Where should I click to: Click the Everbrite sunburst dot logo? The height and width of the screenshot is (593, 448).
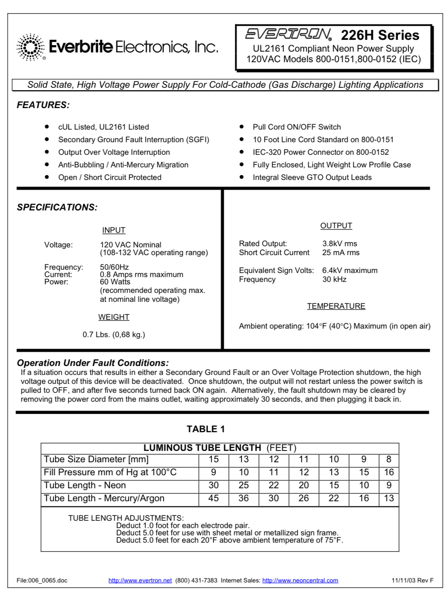pos(30,47)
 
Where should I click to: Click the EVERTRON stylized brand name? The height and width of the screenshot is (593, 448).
pos(288,34)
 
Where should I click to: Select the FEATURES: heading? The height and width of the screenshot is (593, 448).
pos(43,105)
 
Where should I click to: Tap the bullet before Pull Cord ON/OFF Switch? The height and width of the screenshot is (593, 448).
pos(242,127)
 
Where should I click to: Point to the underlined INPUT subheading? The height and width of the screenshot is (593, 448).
pos(114,230)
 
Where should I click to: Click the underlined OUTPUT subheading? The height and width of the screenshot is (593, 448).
pos(336,226)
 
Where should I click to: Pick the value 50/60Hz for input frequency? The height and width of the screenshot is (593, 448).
pos(114,267)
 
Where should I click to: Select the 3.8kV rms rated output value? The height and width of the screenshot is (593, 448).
pos(340,244)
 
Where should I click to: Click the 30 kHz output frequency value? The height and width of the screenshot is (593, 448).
pos(334,279)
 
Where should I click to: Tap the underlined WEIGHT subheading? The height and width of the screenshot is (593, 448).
pos(114,317)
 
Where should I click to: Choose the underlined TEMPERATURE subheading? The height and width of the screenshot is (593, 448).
pos(336,306)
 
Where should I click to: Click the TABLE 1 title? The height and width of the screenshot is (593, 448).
pos(206,429)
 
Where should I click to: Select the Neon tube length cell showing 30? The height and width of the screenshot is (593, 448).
pos(214,485)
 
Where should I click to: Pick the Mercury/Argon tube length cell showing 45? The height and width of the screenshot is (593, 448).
pos(214,498)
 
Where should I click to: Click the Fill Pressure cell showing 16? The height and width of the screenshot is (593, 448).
pos(389,472)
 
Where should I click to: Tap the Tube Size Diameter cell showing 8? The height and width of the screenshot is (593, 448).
pos(389,459)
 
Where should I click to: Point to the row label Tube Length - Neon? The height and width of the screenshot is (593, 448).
pos(85,485)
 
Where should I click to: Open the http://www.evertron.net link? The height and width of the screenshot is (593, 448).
pos(140,580)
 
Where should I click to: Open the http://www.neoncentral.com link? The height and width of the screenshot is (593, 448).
pos(300,580)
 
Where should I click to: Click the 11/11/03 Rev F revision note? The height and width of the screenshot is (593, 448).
pos(412,580)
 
